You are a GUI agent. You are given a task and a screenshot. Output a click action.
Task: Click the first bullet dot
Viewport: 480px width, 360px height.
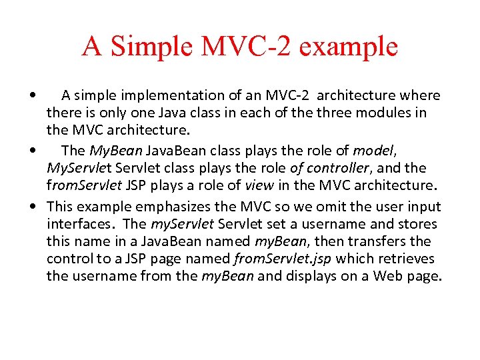33,95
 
